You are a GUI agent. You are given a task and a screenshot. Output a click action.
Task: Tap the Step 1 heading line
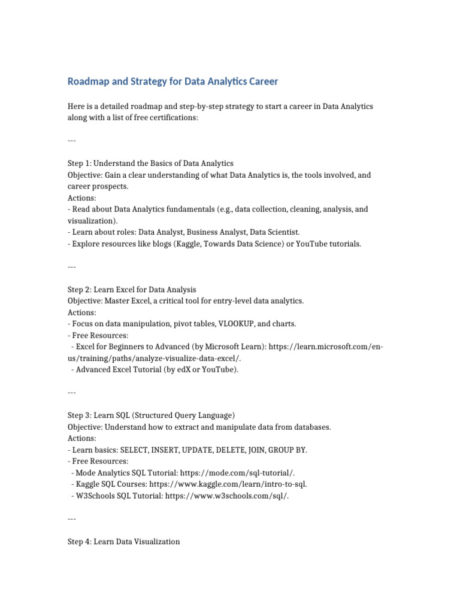point(150,163)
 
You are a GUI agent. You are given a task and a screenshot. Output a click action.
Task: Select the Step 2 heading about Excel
point(132,290)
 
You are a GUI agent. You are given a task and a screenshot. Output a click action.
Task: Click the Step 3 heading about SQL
point(151,415)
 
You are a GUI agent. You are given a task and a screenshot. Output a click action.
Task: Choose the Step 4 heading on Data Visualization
point(123,541)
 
